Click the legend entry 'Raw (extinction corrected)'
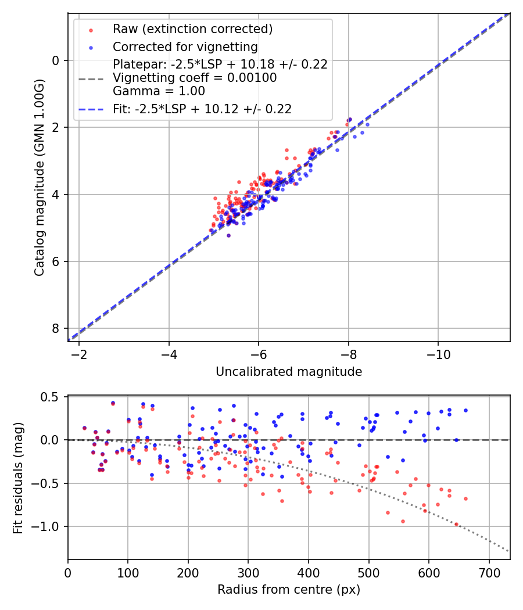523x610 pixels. coord(192,29)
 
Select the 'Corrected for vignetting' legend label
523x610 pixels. coord(185,46)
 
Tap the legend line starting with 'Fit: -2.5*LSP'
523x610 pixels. coord(202,109)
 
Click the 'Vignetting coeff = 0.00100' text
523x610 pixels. coord(195,77)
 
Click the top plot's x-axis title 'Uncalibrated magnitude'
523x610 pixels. coord(289,372)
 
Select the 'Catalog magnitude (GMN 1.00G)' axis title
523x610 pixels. coord(40,177)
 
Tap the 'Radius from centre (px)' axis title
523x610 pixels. coord(289,590)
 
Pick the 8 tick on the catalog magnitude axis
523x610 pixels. coord(56,329)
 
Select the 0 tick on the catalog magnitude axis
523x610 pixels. coord(56,60)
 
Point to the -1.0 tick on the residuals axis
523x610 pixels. coord(49,527)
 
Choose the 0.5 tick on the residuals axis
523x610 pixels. coord(52,397)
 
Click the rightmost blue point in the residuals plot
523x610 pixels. coord(465,410)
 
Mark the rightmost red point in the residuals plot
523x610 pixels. coord(465,498)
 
